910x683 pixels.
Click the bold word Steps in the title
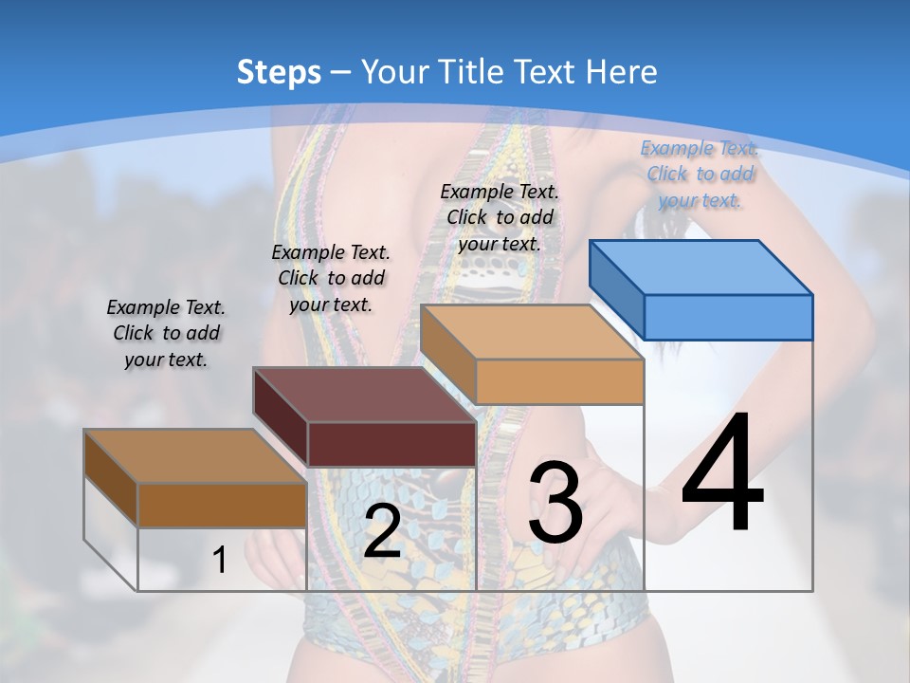[279, 72]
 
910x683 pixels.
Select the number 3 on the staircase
[555, 503]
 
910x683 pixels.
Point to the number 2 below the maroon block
[382, 531]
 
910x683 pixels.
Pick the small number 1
[219, 561]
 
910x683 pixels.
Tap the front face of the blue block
[728, 317]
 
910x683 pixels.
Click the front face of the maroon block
[391, 444]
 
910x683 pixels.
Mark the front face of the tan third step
[559, 381]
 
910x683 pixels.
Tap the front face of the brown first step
[222, 505]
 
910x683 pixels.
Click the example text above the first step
[166, 333]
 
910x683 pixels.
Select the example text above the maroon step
[331, 278]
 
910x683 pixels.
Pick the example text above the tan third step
[500, 217]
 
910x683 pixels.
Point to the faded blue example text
[700, 174]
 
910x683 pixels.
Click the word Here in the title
[624, 72]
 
